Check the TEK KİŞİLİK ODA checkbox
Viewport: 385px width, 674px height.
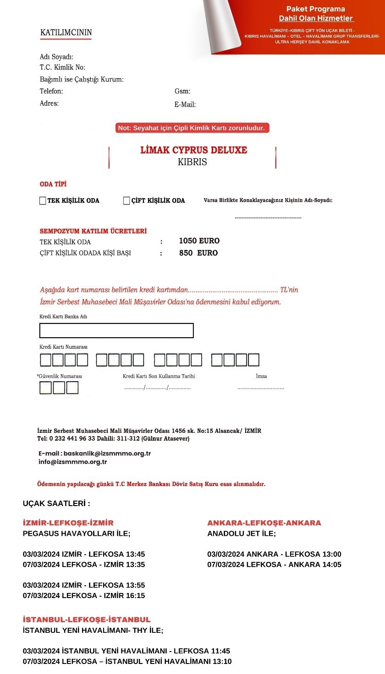43,200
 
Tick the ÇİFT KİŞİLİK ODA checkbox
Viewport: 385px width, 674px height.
126,200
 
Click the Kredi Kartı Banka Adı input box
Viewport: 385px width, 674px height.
116,330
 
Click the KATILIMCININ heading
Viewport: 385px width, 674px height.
66,32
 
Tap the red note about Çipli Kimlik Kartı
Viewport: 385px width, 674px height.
192,128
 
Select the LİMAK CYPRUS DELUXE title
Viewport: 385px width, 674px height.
193,150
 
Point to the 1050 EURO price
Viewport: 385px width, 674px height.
199,241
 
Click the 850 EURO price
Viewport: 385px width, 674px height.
198,253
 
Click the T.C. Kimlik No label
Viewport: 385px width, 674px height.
62,68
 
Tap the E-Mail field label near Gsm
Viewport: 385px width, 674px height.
185,104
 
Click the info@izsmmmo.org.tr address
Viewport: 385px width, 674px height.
73,462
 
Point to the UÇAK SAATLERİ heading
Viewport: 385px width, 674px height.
56,503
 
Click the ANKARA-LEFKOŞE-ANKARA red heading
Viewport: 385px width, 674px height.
264,523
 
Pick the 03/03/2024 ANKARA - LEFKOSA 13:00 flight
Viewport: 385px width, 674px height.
274,554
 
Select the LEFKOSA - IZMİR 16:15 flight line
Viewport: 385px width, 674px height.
84,595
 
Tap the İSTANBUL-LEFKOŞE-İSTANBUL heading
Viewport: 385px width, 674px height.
87,620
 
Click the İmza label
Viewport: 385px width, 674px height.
261,376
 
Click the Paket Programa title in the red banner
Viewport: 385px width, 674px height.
316,9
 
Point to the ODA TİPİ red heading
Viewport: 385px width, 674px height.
53,184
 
